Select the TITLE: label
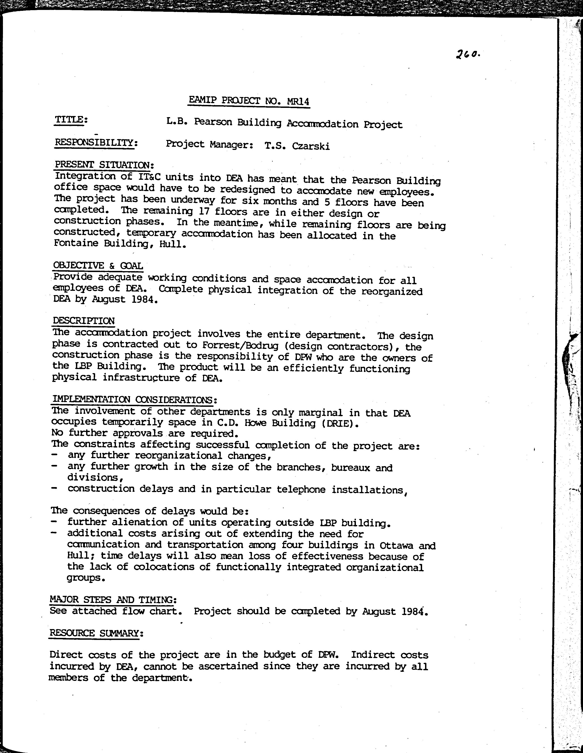point(71,120)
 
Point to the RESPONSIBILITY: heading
point(96,142)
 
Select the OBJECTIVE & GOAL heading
point(98,265)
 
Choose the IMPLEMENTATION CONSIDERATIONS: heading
point(134,400)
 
